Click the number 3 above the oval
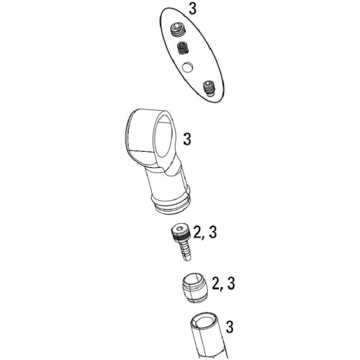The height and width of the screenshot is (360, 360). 192,9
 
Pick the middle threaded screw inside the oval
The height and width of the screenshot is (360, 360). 183,48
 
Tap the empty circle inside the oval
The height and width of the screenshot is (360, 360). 187,67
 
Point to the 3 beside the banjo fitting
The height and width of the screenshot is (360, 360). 187,139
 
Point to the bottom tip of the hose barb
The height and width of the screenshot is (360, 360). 188,258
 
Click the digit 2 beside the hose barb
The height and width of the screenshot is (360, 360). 198,232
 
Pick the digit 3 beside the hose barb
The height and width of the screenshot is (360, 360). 212,232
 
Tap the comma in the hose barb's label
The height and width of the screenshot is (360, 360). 205,238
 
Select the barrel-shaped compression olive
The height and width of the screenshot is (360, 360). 194,287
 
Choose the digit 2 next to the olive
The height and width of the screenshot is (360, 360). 217,284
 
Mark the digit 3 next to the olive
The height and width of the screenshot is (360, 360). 230,284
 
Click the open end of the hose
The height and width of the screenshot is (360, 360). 205,321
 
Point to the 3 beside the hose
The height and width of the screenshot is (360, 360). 230,326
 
